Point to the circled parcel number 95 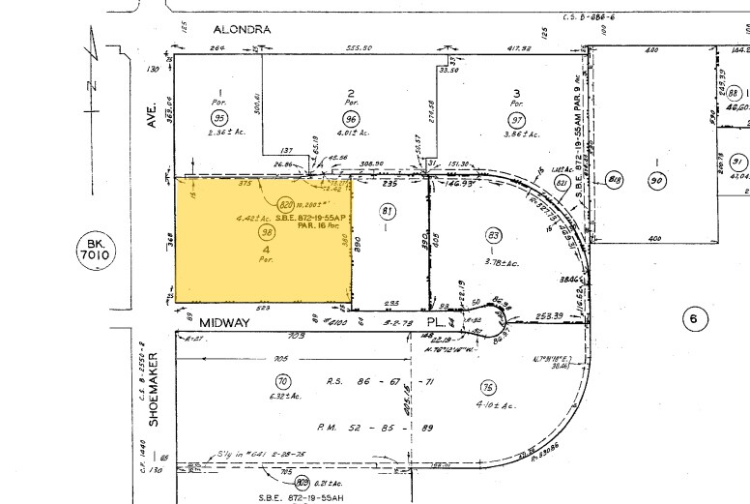[219, 118]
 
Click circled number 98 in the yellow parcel [266, 232]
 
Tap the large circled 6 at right [690, 319]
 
